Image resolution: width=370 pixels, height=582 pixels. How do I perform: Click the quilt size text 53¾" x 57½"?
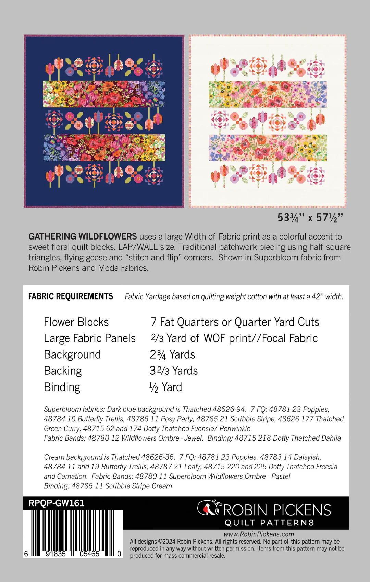[x=310, y=218]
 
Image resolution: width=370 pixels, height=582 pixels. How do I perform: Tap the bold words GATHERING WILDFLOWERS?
[x=83, y=236]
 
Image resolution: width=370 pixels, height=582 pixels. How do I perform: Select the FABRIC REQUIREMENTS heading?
[x=71, y=296]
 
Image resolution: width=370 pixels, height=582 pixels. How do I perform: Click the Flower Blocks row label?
[x=76, y=322]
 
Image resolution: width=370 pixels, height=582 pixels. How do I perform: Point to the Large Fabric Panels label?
[x=90, y=338]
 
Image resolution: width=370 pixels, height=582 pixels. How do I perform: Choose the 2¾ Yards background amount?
[x=172, y=354]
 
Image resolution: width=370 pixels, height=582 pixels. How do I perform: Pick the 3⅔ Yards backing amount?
[x=174, y=371]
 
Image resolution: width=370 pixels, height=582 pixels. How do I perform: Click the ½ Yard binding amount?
[x=165, y=387]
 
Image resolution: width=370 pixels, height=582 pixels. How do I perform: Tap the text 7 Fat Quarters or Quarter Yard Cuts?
[x=235, y=322]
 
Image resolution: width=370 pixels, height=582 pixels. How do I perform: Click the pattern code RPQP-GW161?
[x=56, y=503]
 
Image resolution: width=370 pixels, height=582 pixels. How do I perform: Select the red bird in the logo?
[x=207, y=509]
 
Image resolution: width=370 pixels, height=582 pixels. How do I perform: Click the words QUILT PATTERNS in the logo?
[x=269, y=523]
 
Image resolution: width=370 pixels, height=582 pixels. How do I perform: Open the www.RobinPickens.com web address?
[x=259, y=534]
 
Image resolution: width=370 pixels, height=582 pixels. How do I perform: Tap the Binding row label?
[x=62, y=387]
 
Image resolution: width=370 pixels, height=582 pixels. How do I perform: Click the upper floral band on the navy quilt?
[x=104, y=94]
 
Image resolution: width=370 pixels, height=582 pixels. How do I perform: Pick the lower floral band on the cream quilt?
[x=268, y=148]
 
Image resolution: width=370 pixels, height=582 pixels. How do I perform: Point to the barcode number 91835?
[x=56, y=554]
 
